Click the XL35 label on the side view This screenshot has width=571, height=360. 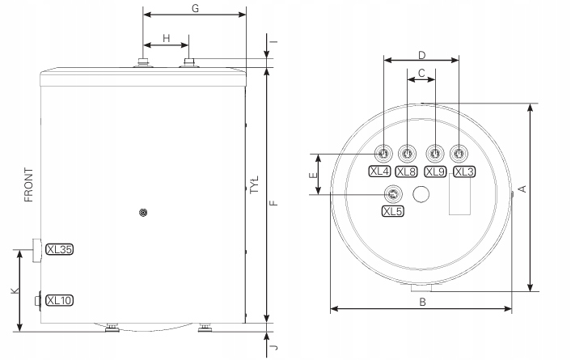(59, 249)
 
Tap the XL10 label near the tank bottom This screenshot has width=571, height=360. (59, 300)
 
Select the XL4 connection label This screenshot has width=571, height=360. (379, 172)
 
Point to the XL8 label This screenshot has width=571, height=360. (406, 172)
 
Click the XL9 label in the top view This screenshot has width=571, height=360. (436, 172)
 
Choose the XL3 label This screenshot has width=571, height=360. (464, 172)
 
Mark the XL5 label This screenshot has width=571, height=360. (393, 211)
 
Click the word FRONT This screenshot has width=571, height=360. (28, 184)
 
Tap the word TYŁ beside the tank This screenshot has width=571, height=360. (255, 184)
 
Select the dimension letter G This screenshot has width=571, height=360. (195, 8)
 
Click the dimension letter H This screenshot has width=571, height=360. (166, 38)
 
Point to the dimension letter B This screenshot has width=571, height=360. (422, 302)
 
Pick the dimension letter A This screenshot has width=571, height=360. (522, 188)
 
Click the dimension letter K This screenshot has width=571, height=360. (15, 290)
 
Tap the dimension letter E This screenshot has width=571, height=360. (313, 176)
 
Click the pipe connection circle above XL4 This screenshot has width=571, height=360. (383, 154)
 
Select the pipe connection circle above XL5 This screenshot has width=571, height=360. (394, 194)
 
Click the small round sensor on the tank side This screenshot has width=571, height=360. (144, 213)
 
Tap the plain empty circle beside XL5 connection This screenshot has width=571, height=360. (421, 194)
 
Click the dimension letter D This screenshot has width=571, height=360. (421, 55)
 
